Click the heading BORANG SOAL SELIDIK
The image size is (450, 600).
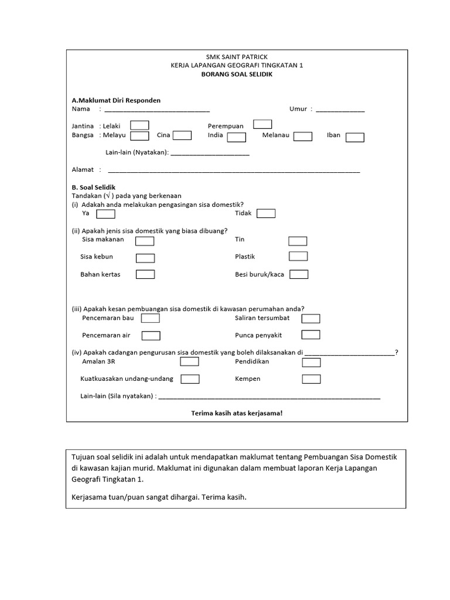point(237,74)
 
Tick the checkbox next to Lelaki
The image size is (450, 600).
point(139,125)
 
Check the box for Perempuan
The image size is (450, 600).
point(262,124)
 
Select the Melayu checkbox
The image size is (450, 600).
point(139,136)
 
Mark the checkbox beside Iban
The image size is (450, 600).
point(354,137)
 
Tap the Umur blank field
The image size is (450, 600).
point(340,110)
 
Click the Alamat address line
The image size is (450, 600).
point(234,171)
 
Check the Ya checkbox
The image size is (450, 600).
point(105,214)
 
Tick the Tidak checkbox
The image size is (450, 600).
point(265,213)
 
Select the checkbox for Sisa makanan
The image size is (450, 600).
point(145,241)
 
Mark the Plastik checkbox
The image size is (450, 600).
point(298,256)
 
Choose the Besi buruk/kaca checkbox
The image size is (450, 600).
point(299,274)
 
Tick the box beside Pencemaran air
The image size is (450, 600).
point(151,336)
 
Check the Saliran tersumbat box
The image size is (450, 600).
point(311,318)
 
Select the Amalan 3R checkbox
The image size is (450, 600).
point(189,362)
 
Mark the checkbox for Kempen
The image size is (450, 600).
point(311,379)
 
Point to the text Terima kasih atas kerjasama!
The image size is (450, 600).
point(237,413)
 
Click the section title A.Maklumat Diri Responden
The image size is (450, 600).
point(116,100)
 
